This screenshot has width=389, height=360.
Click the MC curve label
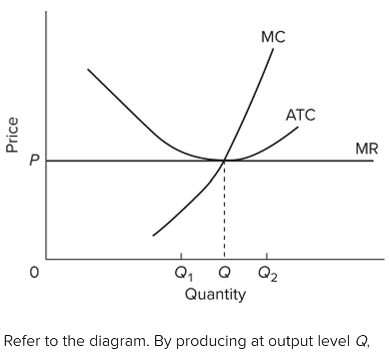click(273, 37)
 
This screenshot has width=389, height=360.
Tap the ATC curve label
click(300, 115)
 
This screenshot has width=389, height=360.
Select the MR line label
click(367, 148)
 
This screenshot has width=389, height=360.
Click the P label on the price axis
click(33, 161)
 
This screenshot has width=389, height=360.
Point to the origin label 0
click(34, 273)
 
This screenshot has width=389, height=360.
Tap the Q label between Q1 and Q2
click(224, 272)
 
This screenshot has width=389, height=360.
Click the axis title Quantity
click(215, 294)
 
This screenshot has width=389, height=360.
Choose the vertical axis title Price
click(11, 134)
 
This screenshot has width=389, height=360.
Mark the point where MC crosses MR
click(224, 161)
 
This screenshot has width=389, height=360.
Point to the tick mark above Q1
click(181, 256)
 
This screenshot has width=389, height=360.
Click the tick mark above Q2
click(267, 256)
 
